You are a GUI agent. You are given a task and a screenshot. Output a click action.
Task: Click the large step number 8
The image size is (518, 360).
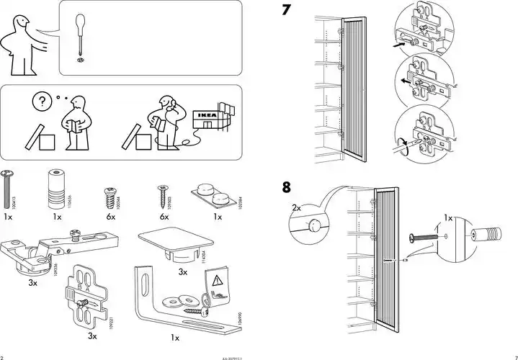point(287,188)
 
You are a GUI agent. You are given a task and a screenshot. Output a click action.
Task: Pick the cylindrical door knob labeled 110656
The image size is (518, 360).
point(54,188)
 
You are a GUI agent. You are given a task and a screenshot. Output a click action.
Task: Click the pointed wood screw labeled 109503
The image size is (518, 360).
point(161,194)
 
